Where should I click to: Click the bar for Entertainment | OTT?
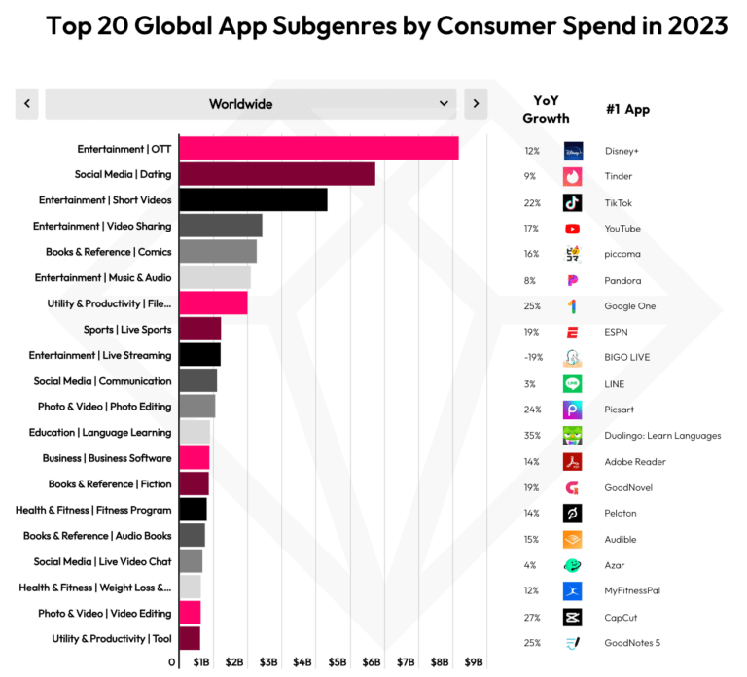(x=318, y=149)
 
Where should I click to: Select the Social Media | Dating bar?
(x=276, y=174)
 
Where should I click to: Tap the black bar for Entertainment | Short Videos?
(x=253, y=200)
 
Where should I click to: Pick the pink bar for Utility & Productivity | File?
(x=213, y=303)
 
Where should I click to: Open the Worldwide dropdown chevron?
(x=444, y=103)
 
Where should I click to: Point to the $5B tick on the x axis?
(x=337, y=662)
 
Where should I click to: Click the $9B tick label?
(x=474, y=662)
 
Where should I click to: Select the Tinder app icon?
(x=573, y=176)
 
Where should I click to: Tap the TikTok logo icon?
(x=573, y=202)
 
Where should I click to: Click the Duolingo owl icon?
(x=573, y=435)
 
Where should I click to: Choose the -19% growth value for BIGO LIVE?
(x=532, y=357)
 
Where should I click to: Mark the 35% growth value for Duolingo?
(x=532, y=435)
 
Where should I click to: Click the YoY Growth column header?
(x=546, y=109)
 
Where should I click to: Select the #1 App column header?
(x=627, y=109)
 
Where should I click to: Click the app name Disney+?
(x=622, y=151)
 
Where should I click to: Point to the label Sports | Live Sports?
(x=127, y=330)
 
